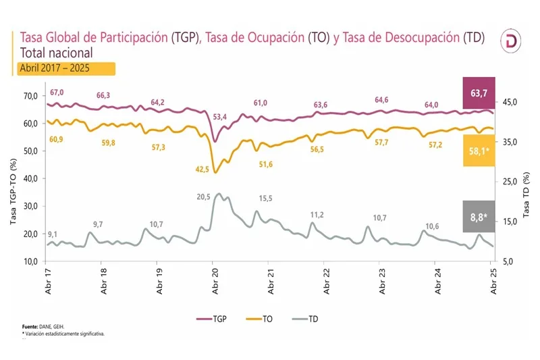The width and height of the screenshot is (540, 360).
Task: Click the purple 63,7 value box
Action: (479, 93)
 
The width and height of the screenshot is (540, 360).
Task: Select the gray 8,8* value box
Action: (479, 217)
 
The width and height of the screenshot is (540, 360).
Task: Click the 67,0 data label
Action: (55, 93)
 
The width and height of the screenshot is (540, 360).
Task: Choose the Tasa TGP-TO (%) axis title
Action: (12, 179)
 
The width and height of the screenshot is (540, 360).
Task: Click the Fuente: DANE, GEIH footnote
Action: (42, 326)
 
